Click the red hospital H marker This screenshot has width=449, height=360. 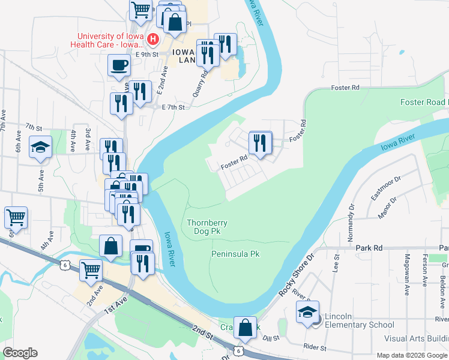[152, 40]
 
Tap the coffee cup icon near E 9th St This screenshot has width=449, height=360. [119, 65]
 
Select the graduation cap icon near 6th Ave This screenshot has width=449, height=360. [40, 147]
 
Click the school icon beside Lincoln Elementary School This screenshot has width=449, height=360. [308, 313]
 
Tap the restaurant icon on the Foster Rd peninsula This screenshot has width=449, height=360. [260, 143]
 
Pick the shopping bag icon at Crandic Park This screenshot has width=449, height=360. [245, 328]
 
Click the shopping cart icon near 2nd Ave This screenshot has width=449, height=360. [91, 269]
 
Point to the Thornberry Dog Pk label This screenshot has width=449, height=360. [207, 226]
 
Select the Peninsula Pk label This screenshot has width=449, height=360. [235, 254]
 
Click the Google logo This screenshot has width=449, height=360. [20, 353]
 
